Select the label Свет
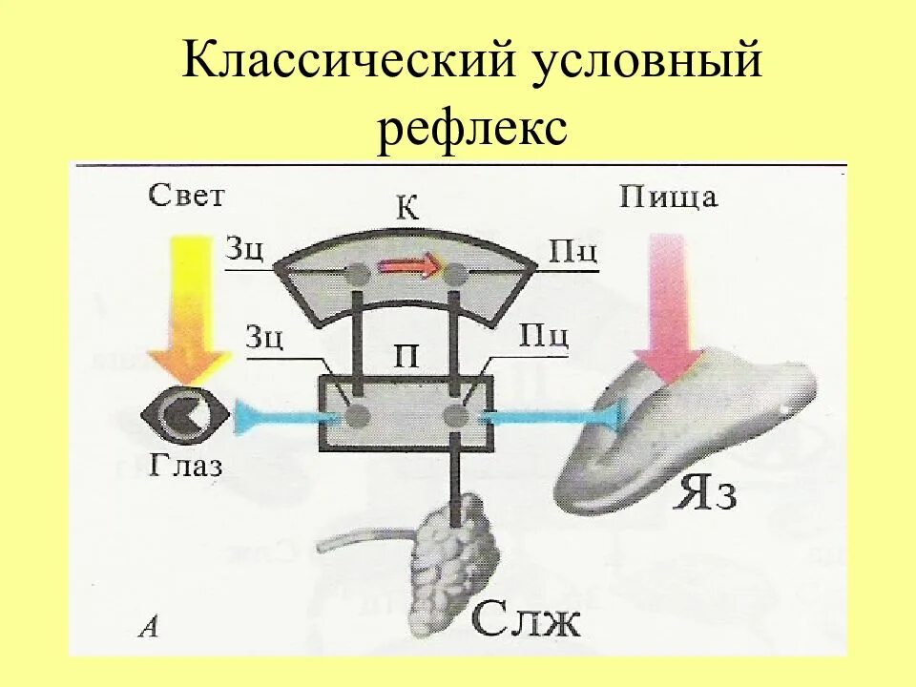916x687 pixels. click(x=186, y=196)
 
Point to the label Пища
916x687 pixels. click(x=668, y=198)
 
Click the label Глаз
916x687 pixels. click(x=185, y=466)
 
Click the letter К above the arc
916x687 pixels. click(x=407, y=209)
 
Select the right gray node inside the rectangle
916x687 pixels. click(x=455, y=416)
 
